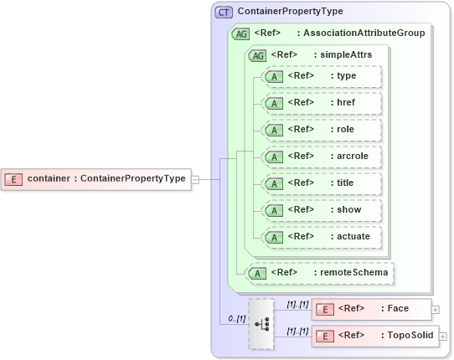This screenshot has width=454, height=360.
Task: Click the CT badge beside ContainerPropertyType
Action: tap(224, 12)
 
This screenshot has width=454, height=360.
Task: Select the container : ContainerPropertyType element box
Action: tap(95, 178)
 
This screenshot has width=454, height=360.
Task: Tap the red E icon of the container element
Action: tap(13, 178)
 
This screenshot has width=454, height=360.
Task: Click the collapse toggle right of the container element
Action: tap(194, 178)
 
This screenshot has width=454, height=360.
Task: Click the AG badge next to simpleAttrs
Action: tap(257, 55)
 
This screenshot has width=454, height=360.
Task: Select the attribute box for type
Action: tap(322, 76)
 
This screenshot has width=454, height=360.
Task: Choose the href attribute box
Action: tap(322, 103)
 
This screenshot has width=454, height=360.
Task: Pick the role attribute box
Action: tap(322, 130)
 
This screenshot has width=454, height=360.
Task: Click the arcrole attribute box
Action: tap(322, 157)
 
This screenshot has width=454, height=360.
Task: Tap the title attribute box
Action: tap(322, 183)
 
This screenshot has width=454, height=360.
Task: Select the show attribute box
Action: tap(322, 210)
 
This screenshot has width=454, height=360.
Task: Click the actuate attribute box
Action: tap(322, 237)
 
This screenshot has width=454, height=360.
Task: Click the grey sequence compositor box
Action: tap(261, 323)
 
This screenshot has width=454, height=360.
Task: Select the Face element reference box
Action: tap(371, 309)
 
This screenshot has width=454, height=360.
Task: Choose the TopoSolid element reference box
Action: tap(375, 336)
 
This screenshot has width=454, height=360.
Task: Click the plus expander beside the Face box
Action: tap(435, 309)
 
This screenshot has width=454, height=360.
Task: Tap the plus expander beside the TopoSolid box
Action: tap(443, 336)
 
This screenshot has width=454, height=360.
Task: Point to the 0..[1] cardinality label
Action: tap(237, 319)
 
